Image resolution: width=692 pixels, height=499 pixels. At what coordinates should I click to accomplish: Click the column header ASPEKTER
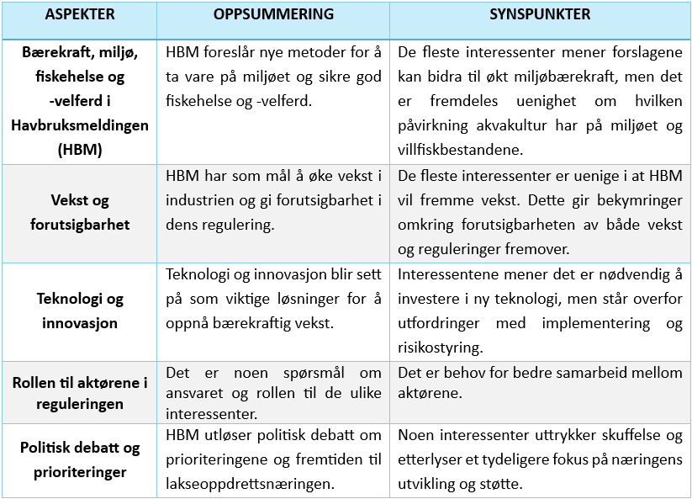pyautogui.click(x=80, y=15)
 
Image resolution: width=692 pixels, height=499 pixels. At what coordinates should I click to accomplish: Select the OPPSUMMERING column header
pyautogui.click(x=273, y=15)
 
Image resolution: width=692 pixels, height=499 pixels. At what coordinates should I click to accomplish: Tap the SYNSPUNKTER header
pyautogui.click(x=540, y=15)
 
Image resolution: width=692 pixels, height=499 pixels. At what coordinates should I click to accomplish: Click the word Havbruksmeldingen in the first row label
pyautogui.click(x=80, y=125)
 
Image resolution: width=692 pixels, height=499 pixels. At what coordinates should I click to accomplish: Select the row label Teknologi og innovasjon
pyautogui.click(x=80, y=311)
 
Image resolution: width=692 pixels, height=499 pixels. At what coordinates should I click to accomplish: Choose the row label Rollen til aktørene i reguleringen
pyautogui.click(x=80, y=393)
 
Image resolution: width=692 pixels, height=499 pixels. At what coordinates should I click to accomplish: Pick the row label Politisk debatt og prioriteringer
pyautogui.click(x=80, y=459)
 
